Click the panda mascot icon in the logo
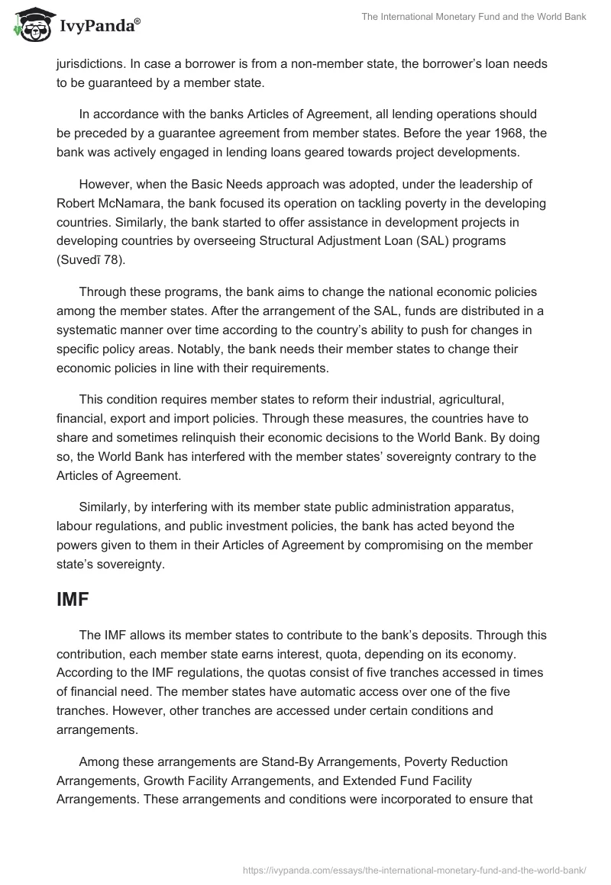30,24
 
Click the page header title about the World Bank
474,17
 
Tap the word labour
74,526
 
